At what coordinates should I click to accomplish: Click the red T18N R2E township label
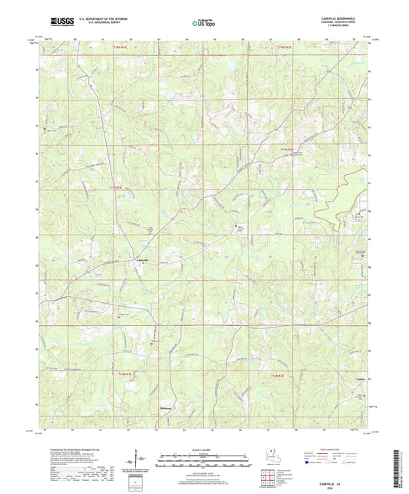click(x=285, y=48)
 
